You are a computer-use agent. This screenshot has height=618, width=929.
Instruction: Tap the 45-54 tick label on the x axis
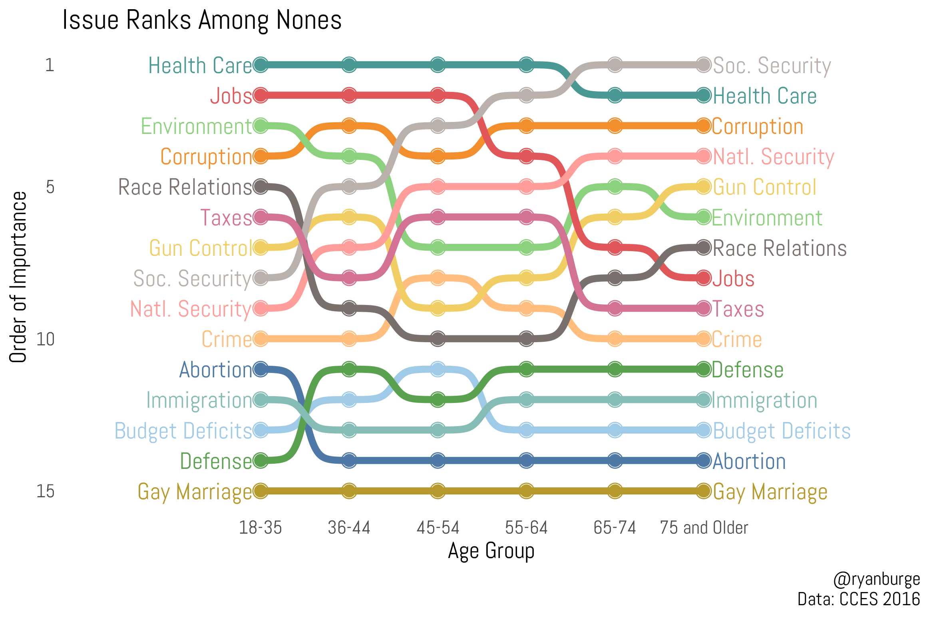tap(438, 528)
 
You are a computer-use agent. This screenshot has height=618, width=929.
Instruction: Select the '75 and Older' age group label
tap(704, 528)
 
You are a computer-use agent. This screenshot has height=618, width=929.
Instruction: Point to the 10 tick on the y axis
tap(46, 339)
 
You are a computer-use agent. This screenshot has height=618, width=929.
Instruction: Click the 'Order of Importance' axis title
tap(18, 277)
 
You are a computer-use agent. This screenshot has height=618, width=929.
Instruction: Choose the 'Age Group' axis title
tap(491, 551)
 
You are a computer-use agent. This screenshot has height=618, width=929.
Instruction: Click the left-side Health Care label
tap(200, 66)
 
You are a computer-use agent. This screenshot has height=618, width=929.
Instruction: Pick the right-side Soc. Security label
tap(772, 66)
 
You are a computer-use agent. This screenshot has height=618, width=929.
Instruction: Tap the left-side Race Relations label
tap(185, 187)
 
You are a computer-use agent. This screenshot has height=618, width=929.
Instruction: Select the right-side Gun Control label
tap(764, 187)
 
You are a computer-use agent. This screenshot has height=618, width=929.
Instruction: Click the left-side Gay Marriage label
tap(195, 492)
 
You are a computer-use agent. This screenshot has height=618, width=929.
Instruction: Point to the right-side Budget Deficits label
tap(782, 431)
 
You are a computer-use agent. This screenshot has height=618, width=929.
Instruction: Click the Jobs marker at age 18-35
tap(261, 96)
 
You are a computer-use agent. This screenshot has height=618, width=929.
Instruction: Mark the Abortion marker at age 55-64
tap(526, 461)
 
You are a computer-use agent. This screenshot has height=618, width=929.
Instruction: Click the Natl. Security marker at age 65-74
tap(615, 156)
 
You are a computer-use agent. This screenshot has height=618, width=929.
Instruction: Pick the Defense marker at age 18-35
tap(261, 461)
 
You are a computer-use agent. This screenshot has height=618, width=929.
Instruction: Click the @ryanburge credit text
tap(876, 579)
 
